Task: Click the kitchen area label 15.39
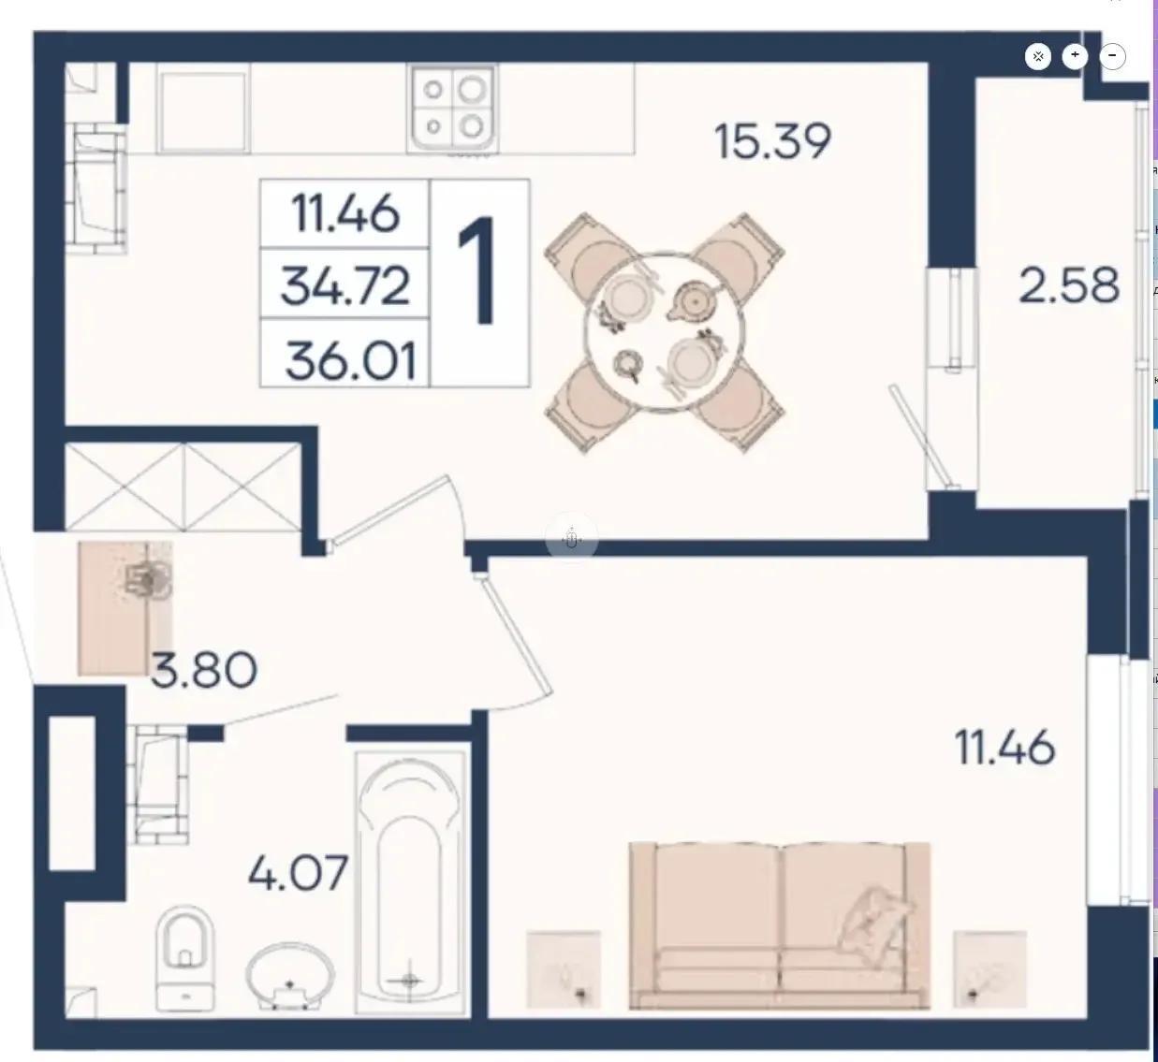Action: [x=773, y=141]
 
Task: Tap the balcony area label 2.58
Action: [x=1069, y=285]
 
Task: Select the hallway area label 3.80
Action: [x=203, y=670]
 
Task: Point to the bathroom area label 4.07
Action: [x=299, y=873]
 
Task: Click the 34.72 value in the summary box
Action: [x=345, y=285]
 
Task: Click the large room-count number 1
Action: [x=478, y=270]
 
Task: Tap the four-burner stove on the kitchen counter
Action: [x=452, y=108]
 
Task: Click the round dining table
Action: [x=665, y=332]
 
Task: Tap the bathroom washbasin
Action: [x=290, y=976]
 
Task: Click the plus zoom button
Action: [x=1075, y=55]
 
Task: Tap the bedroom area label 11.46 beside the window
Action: [x=1005, y=747]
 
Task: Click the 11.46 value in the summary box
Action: [x=345, y=213]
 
